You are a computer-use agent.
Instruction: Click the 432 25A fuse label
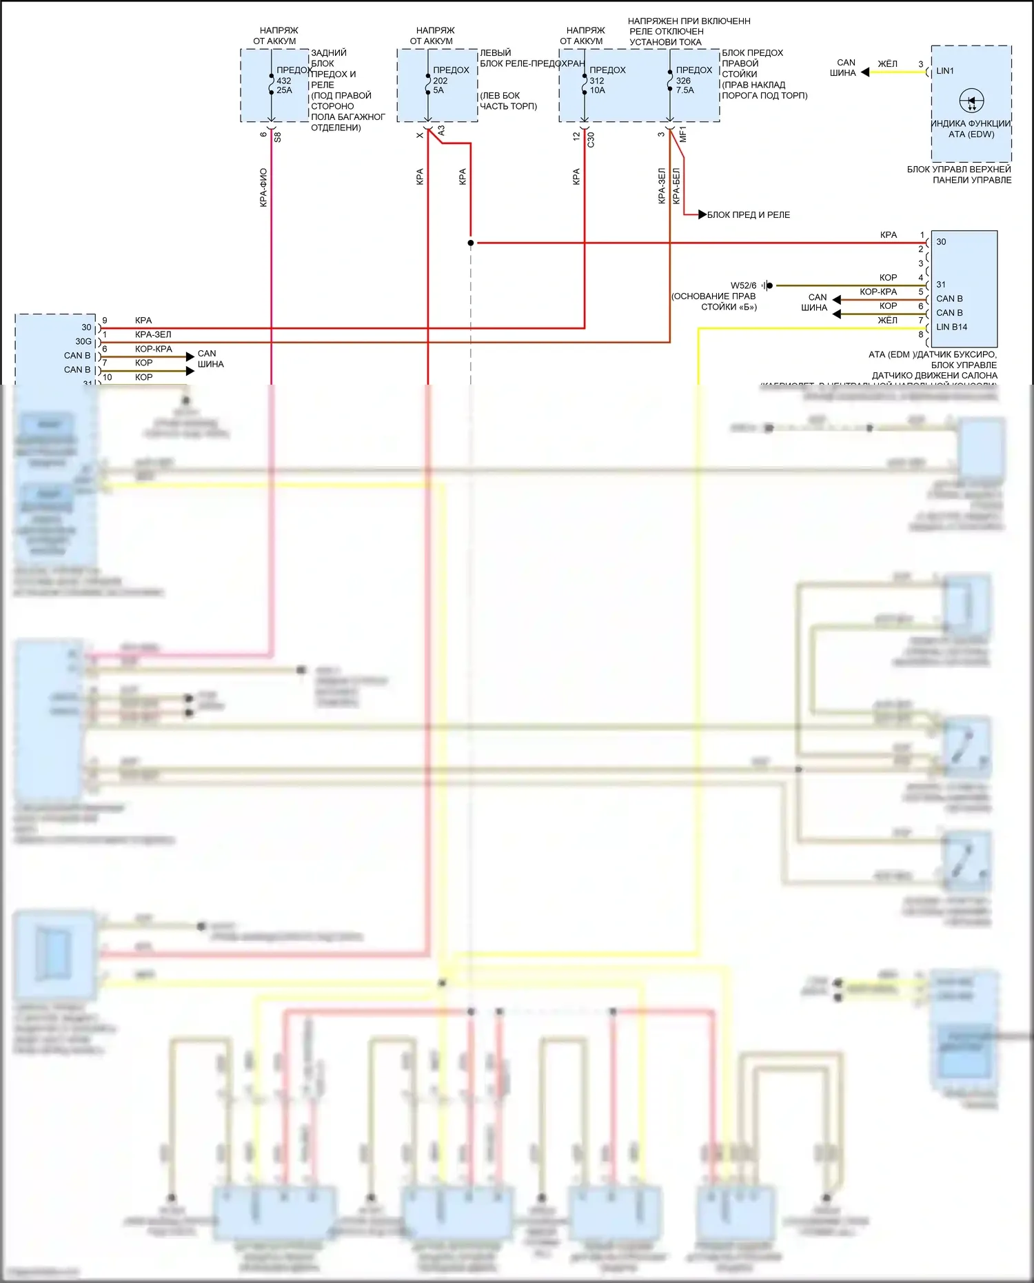pyautogui.click(x=284, y=85)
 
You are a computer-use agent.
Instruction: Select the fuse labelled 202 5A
pyautogui.click(x=440, y=85)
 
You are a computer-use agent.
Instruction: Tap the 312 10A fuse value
pyautogui.click(x=597, y=85)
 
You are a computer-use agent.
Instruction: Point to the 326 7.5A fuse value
pyautogui.click(x=685, y=85)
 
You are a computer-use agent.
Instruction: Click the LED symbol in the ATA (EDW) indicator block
pyautogui.click(x=971, y=101)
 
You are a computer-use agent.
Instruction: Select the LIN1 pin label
pyautogui.click(x=945, y=71)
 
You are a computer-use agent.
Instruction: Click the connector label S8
pyautogui.click(x=278, y=137)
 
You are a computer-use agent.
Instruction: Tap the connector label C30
pyautogui.click(x=591, y=139)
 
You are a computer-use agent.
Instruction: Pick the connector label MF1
pyautogui.click(x=683, y=134)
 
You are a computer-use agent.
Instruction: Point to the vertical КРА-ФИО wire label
pyautogui.click(x=263, y=188)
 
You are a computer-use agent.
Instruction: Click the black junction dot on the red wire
pyautogui.click(x=471, y=243)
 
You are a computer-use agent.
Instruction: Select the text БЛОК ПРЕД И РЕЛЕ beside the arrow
pyautogui.click(x=748, y=215)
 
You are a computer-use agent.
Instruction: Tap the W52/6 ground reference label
pyautogui.click(x=743, y=285)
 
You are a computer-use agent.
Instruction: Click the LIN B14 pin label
pyautogui.click(x=951, y=327)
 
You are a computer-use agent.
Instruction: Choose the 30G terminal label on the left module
pyautogui.click(x=83, y=341)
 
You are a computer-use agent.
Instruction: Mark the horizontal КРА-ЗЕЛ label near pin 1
pyautogui.click(x=153, y=334)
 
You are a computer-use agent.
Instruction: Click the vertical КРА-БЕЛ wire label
pyautogui.click(x=676, y=185)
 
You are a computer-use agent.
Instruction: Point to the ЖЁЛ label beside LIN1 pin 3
pyautogui.click(x=887, y=64)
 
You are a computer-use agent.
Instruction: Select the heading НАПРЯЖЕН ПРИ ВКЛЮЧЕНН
pyautogui.click(x=689, y=21)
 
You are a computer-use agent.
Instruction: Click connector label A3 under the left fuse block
pyautogui.click(x=441, y=130)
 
